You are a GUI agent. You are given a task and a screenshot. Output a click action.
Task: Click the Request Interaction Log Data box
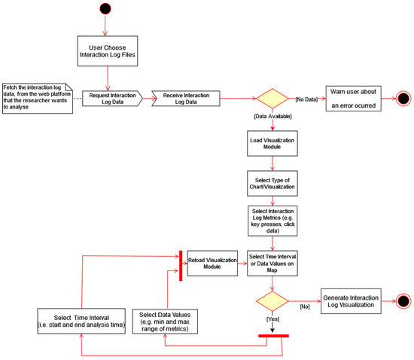tap(109, 98)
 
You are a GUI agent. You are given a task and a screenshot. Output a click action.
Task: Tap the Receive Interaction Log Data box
tap(186, 98)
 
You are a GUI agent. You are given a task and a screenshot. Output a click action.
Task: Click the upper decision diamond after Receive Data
tap(272, 98)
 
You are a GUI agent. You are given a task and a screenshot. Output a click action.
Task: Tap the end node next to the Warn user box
tap(402, 98)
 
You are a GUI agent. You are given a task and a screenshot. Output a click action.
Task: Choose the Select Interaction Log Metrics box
tap(272, 218)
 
